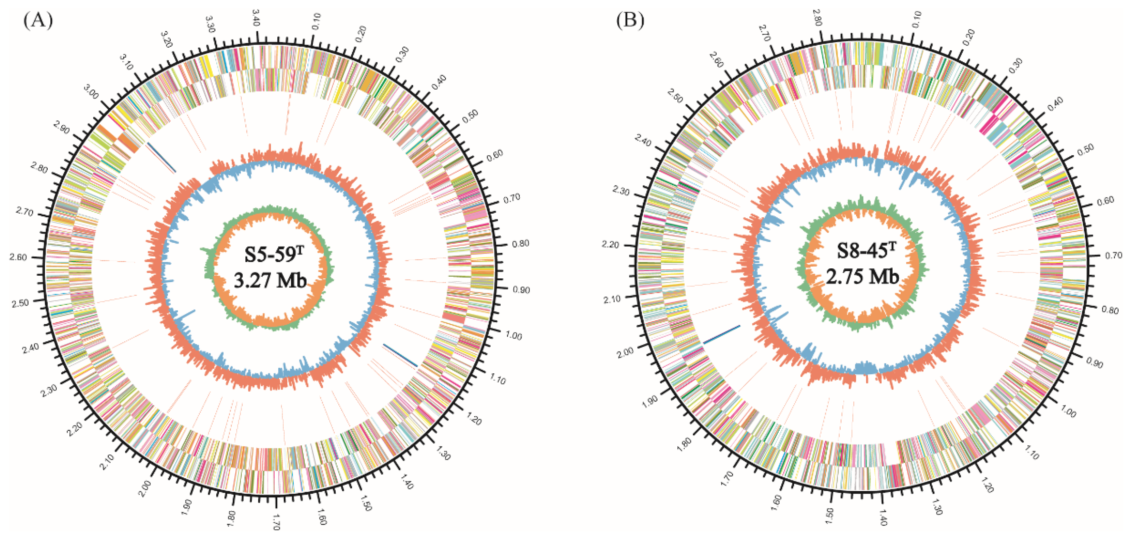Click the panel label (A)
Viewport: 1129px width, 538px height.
click(38, 20)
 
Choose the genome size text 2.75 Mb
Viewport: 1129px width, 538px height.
click(862, 276)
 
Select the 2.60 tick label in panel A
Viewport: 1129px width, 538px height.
click(18, 257)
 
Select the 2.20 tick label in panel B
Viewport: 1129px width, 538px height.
click(610, 245)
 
